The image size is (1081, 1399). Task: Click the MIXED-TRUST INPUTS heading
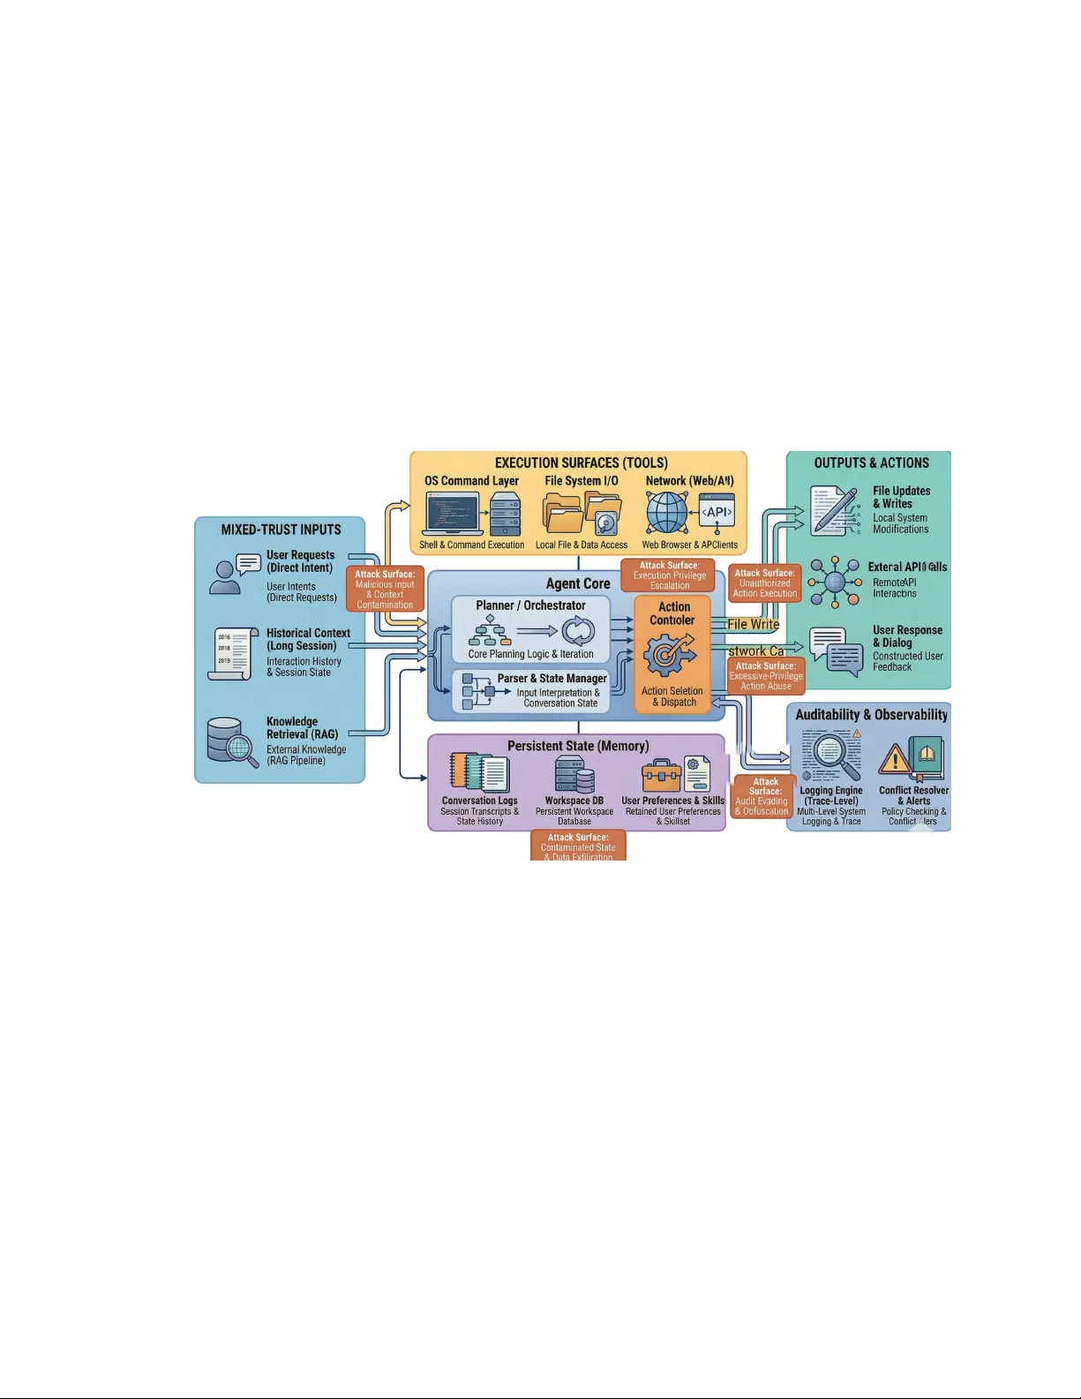coord(281,530)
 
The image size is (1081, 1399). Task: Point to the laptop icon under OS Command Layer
coord(454,513)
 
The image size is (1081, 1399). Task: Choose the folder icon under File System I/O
coord(563,513)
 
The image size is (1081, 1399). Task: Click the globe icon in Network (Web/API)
coord(667,513)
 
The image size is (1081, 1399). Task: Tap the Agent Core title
coord(578,583)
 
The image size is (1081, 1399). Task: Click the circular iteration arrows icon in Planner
coord(578,631)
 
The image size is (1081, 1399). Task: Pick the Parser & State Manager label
coord(552,678)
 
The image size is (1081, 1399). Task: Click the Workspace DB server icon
coord(574,774)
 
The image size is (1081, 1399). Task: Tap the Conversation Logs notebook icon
coord(479,772)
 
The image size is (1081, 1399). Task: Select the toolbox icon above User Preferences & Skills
coord(661,775)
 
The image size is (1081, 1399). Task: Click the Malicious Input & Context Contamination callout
coord(385,589)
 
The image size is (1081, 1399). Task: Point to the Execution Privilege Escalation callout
coord(670,575)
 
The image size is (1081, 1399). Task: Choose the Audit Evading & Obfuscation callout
coord(764,796)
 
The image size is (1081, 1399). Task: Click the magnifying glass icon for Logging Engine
coord(830,756)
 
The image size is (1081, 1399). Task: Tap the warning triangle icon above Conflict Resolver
coord(895,758)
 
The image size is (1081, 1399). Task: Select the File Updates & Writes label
coord(901,497)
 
